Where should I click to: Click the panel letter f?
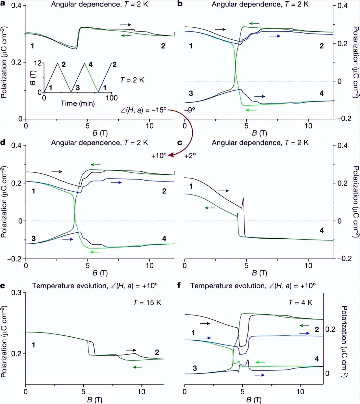[x=179, y=286]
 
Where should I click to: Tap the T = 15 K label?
[x=147, y=303]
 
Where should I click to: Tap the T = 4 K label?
[x=301, y=303]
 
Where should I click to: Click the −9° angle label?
[x=190, y=110]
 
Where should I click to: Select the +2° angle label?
[x=190, y=155]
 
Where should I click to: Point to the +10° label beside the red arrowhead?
[x=159, y=155]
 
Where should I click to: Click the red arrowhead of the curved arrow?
[x=171, y=155]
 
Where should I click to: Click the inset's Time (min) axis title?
[x=78, y=103]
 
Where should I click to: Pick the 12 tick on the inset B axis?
[x=38, y=63]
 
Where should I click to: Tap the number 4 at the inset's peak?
[x=90, y=65]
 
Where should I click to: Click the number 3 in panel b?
[x=191, y=93]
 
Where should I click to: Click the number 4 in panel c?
[x=321, y=231]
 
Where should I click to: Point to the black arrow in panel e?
[x=131, y=350]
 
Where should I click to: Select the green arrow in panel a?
[x=126, y=35]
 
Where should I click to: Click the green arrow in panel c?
[x=210, y=208]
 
